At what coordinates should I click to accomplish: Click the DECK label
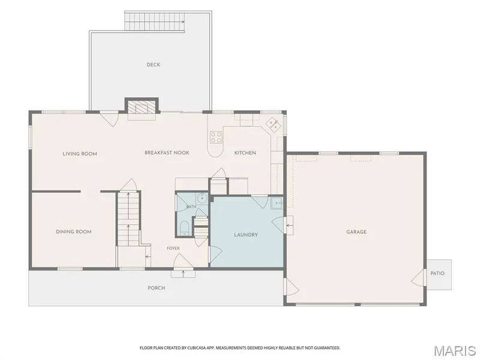click(153, 65)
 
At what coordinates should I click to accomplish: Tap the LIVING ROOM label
click(80, 154)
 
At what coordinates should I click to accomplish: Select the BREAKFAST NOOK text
click(167, 152)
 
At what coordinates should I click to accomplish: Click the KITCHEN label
click(245, 153)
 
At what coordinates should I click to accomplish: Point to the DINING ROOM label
click(73, 232)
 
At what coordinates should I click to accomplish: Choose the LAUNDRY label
click(246, 235)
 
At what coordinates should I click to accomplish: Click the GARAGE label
click(356, 232)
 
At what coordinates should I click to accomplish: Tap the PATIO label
click(437, 274)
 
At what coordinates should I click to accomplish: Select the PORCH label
click(156, 288)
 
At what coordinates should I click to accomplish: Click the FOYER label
click(173, 248)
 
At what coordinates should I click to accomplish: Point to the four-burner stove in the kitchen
click(216, 137)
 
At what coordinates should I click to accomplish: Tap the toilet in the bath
click(185, 229)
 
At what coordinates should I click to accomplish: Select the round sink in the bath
click(202, 198)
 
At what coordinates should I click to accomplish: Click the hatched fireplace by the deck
click(142, 107)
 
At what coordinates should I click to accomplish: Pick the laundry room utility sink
click(277, 203)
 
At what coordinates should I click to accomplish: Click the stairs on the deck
click(155, 22)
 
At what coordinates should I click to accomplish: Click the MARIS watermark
click(455, 351)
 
